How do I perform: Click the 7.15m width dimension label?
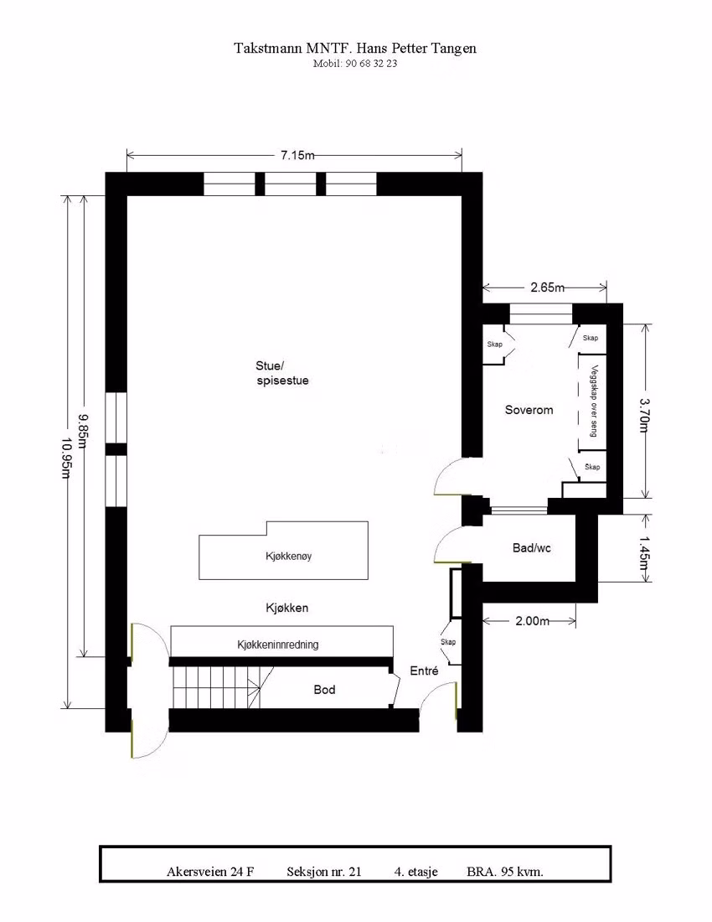pyautogui.click(x=297, y=155)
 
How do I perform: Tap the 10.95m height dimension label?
pyautogui.click(x=66, y=458)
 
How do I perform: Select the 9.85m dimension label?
pyautogui.click(x=83, y=431)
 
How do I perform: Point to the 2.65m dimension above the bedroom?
pyautogui.click(x=547, y=287)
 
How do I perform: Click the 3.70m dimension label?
pyautogui.click(x=645, y=415)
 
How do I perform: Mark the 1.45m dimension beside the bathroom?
pyautogui.click(x=645, y=553)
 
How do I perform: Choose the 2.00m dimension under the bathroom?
pyautogui.click(x=532, y=621)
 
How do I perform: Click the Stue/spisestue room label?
pyautogui.click(x=282, y=373)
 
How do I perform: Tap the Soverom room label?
pyautogui.click(x=529, y=410)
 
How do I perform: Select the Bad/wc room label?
pyautogui.click(x=532, y=548)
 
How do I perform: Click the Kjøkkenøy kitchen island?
pyautogui.click(x=284, y=551)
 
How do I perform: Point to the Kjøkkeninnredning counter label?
pyautogui.click(x=278, y=645)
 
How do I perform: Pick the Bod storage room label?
pyautogui.click(x=324, y=690)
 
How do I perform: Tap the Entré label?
pyautogui.click(x=424, y=671)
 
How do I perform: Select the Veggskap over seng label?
pyautogui.click(x=593, y=401)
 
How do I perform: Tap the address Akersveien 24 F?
pyautogui.click(x=210, y=872)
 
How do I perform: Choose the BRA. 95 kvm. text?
pyautogui.click(x=505, y=872)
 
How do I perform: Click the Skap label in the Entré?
pyautogui.click(x=448, y=641)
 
